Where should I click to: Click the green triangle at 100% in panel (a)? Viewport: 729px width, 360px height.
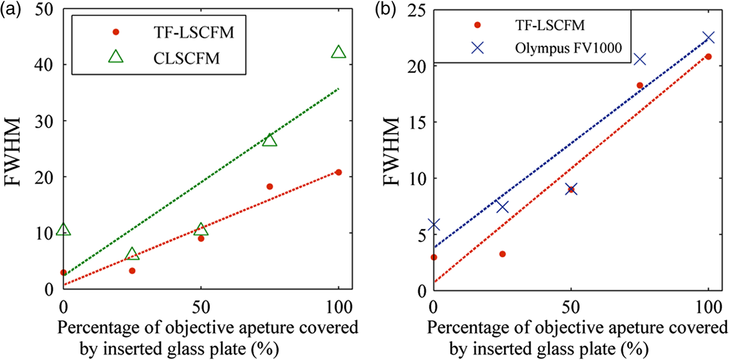(x=338, y=52)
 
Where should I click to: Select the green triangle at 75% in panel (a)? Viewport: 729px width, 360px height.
(x=270, y=141)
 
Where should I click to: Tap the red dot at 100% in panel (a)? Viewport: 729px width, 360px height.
(x=338, y=172)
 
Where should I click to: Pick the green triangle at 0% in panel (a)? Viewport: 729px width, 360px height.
(x=63, y=230)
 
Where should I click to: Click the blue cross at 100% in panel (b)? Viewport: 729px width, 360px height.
(x=708, y=38)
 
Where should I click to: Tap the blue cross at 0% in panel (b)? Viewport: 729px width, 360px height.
(x=434, y=225)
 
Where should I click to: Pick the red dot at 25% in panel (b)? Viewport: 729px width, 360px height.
(x=503, y=254)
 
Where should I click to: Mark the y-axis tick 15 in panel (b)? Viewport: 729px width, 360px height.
(x=417, y=122)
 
